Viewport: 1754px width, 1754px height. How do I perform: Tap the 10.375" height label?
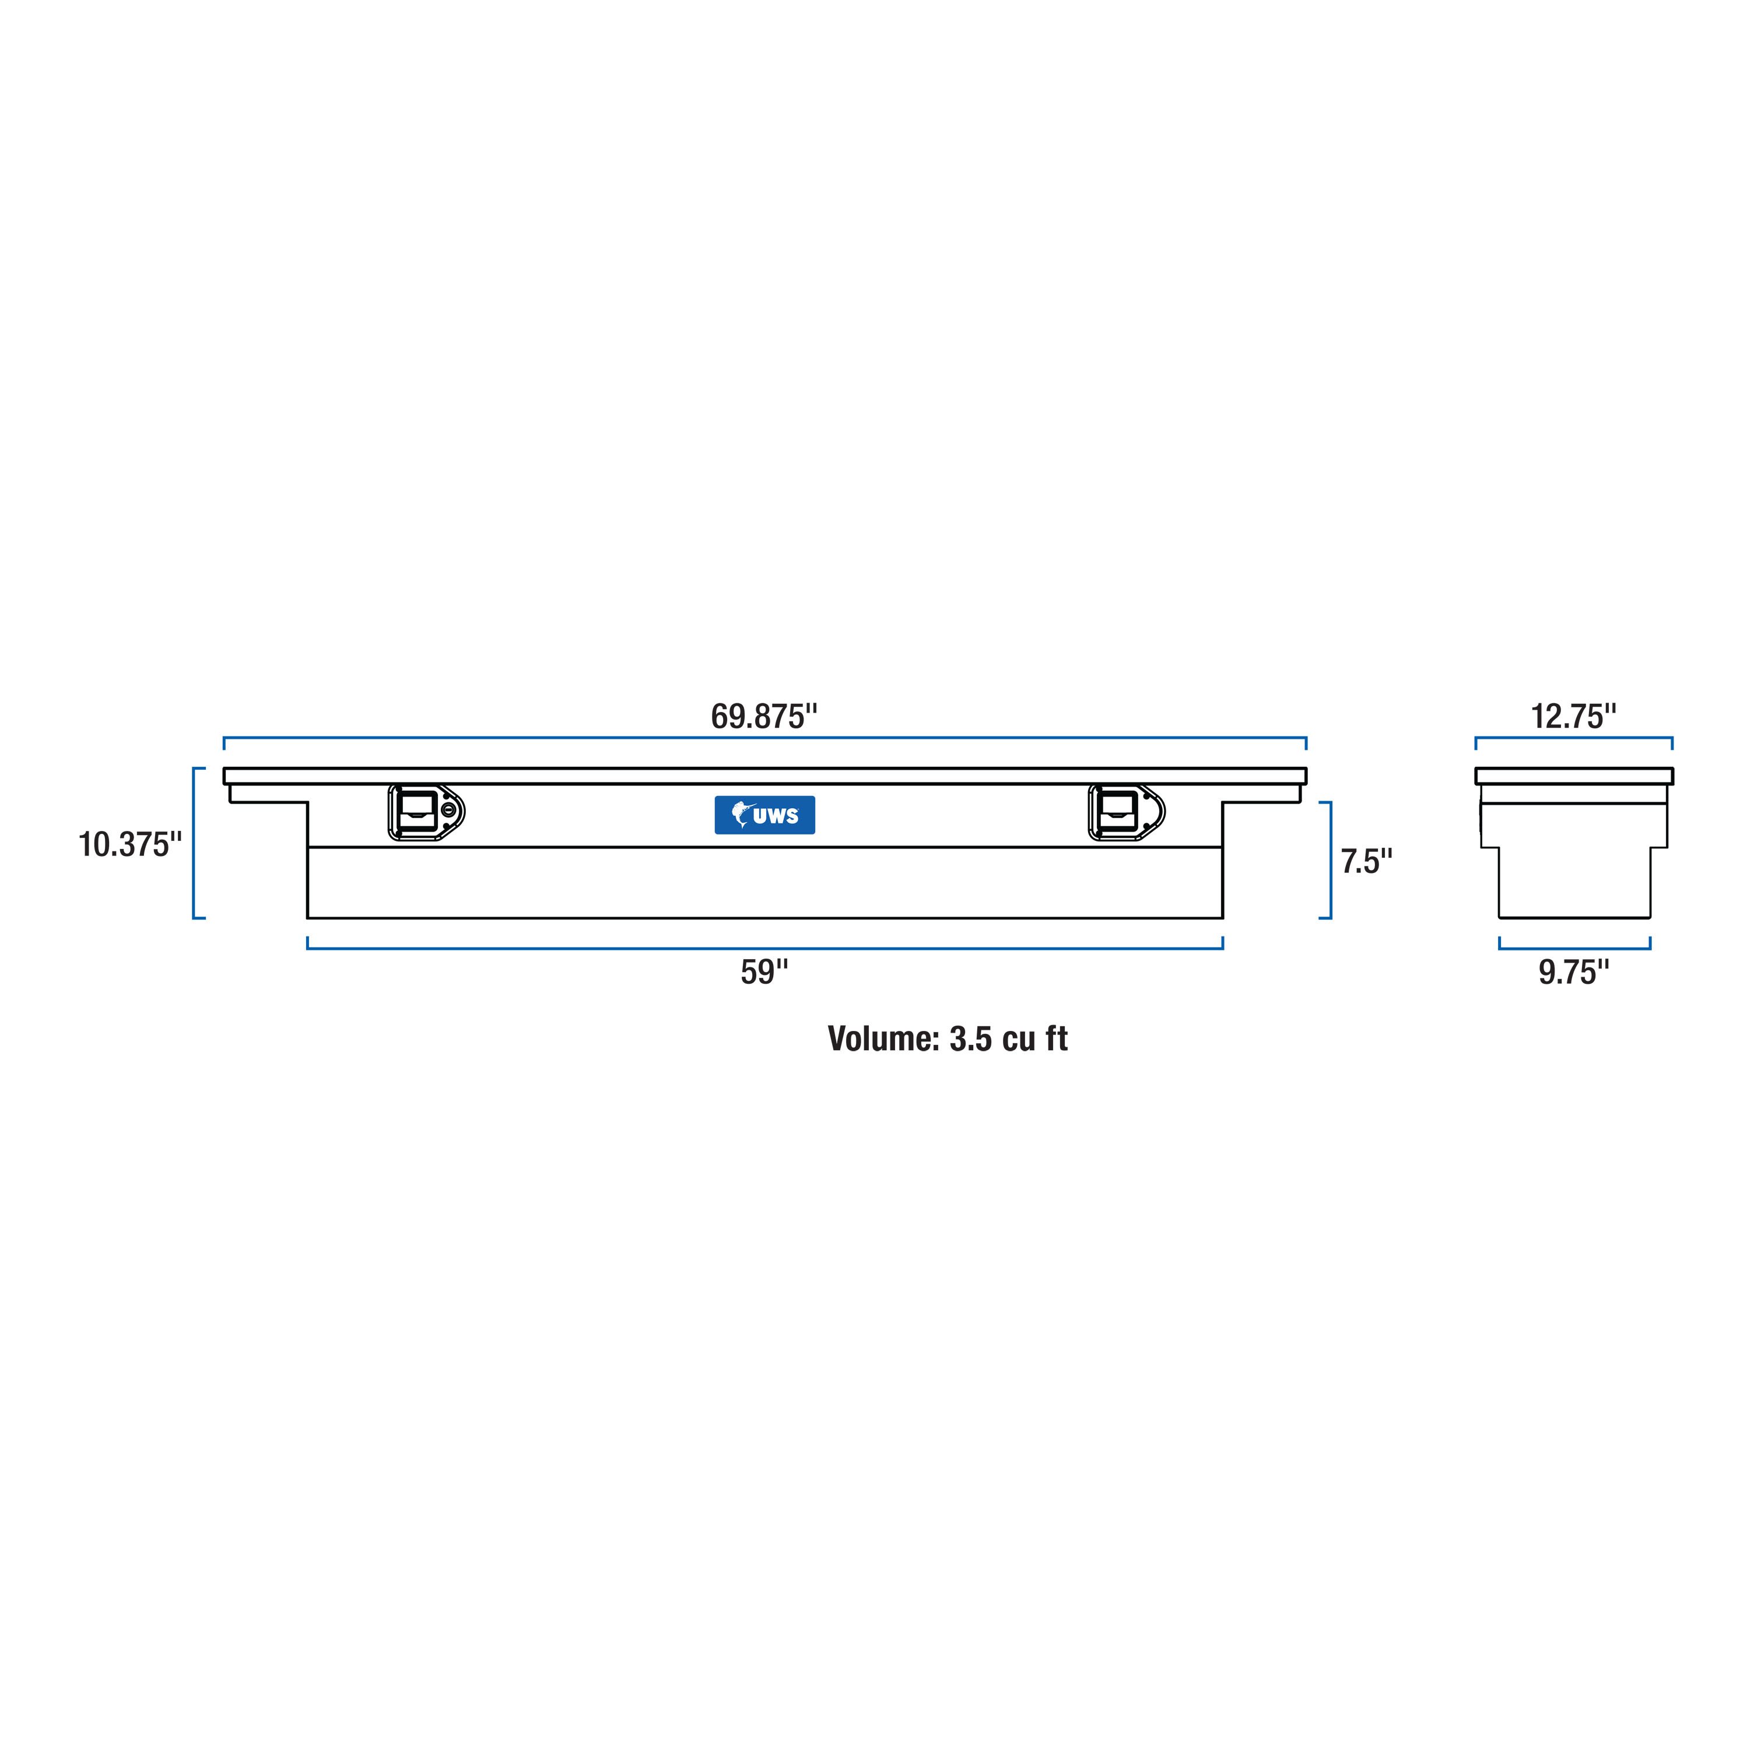pyautogui.click(x=130, y=844)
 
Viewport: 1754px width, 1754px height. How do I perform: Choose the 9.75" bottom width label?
pyautogui.click(x=1573, y=972)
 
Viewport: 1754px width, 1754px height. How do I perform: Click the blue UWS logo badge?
pyautogui.click(x=764, y=815)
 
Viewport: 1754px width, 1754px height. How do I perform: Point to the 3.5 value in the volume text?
pyautogui.click(x=970, y=1039)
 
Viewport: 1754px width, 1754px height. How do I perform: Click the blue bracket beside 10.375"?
pyautogui.click(x=194, y=843)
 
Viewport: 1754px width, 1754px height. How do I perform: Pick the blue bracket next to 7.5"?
pyautogui.click(x=1330, y=861)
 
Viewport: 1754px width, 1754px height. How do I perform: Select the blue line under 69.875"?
pyautogui.click(x=764, y=737)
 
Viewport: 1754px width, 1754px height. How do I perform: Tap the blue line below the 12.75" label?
pyautogui.click(x=1573, y=737)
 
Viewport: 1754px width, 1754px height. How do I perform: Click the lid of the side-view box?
pyautogui.click(x=1573, y=776)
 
